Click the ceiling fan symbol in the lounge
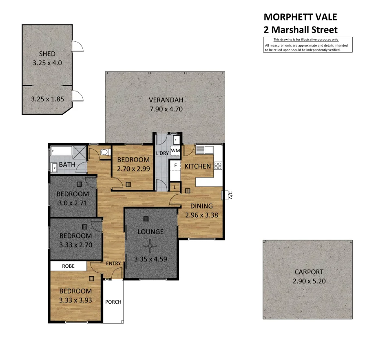pos(151,245)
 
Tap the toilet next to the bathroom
pos(105,152)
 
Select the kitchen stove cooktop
pos(218,166)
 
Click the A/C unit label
pos(230,195)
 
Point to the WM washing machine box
pos(175,151)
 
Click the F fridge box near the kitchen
pos(175,166)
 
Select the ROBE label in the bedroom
pos(68,266)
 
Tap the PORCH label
pos(113,302)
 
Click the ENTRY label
pos(113,264)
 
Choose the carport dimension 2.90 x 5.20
pos(309,281)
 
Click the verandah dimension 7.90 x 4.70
pos(165,109)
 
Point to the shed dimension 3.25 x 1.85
pos(47,99)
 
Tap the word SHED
pos(47,54)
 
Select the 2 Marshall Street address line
pos(301,29)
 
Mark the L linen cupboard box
pos(175,187)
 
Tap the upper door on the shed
pos(77,46)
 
